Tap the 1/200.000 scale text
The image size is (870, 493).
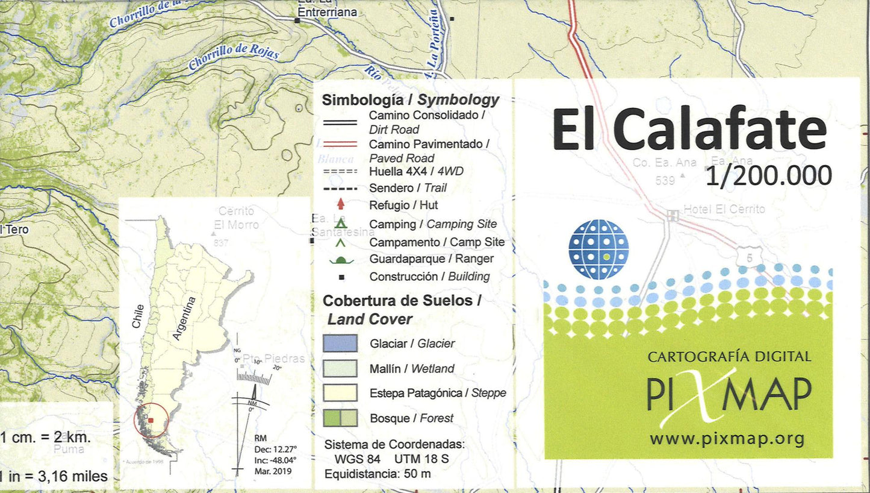768,175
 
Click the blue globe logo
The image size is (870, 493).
598,250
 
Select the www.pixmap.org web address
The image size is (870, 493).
727,438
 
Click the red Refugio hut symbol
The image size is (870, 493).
341,205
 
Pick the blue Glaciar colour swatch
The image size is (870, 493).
340,344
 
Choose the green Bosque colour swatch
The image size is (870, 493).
340,418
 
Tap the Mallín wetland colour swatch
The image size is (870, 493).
340,368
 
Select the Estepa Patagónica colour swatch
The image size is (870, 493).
340,394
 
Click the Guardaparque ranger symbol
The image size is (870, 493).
341,260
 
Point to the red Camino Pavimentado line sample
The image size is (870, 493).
340,144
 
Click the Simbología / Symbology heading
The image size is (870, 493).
410,99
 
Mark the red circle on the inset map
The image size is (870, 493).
151,420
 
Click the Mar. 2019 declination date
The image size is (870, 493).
273,469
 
